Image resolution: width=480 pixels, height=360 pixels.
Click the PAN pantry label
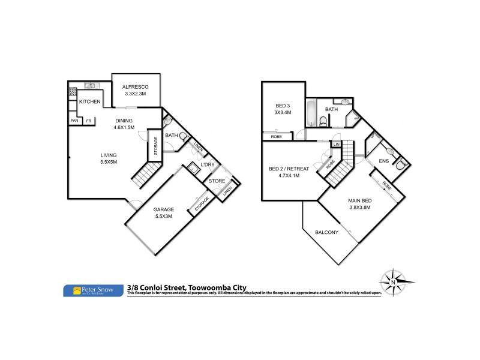point(74,121)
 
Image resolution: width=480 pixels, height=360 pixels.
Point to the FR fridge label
point(89,121)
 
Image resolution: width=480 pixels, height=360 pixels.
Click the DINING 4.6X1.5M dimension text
point(124,127)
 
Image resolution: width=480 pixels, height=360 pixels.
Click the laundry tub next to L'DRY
point(193,167)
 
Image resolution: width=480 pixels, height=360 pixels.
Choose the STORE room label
point(216,181)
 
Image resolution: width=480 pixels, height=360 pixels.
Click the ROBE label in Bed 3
point(277,137)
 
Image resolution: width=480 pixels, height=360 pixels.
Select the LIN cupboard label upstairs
point(337,145)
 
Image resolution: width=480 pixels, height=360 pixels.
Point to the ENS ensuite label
point(383,161)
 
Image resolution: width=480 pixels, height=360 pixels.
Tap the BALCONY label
point(327,233)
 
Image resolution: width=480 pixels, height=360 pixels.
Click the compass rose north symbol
point(392,282)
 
